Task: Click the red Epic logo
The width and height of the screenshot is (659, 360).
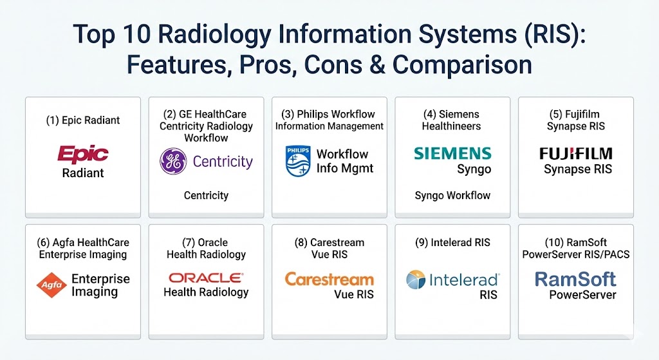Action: (x=83, y=155)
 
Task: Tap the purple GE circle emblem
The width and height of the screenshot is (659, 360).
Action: (x=173, y=161)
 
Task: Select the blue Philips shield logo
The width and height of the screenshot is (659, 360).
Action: (x=298, y=161)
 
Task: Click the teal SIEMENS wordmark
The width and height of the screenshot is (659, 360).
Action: (x=452, y=153)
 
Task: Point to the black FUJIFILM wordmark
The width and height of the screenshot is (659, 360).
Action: (x=576, y=153)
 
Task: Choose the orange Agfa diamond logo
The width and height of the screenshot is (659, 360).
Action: (x=51, y=285)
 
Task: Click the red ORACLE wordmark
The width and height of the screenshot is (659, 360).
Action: (x=206, y=278)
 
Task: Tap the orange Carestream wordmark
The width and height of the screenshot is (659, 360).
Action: (x=329, y=279)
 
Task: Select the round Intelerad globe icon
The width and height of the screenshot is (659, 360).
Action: (x=416, y=279)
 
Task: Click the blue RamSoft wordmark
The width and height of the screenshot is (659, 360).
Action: (x=575, y=279)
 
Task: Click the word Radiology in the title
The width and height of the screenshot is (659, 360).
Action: (x=215, y=35)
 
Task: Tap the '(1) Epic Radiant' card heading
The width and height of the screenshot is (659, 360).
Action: (x=83, y=120)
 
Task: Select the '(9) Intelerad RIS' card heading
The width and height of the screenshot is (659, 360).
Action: (x=452, y=243)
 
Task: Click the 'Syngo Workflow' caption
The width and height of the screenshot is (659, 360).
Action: (x=452, y=196)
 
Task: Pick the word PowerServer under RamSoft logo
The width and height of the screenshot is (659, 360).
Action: (x=582, y=295)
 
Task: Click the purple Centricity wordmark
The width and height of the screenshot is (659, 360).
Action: (x=223, y=162)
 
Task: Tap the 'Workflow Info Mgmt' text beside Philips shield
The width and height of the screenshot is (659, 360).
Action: (x=345, y=161)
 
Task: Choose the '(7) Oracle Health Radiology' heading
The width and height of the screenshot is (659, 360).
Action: (x=206, y=249)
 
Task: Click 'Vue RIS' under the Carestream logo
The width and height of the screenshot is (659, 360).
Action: (x=354, y=294)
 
